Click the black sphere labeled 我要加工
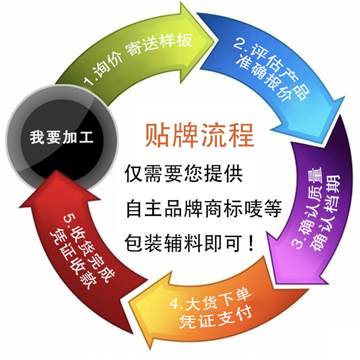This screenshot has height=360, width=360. tap(62, 137)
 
